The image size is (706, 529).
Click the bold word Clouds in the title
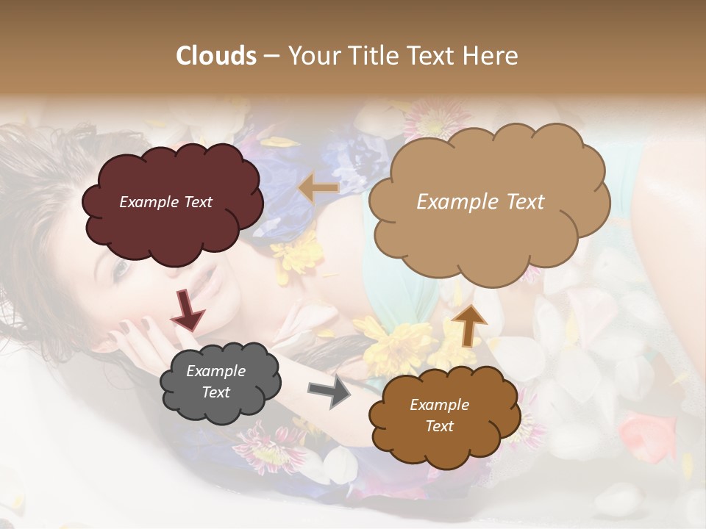[216, 56]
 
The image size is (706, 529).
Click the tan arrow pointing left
[318, 188]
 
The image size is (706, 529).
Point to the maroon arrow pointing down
[188, 309]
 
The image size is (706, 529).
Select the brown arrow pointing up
[468, 324]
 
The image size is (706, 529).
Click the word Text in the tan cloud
[521, 202]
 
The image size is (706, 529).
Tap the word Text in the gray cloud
[215, 392]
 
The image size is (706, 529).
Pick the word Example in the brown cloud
[439, 405]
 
